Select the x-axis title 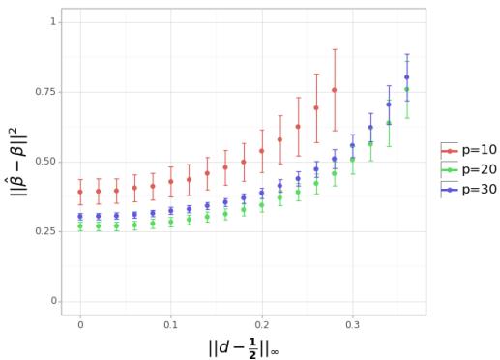tap(243, 346)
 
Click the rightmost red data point tap(335, 90)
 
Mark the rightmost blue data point tap(407, 77)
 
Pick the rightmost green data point tap(407, 89)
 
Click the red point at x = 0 tap(80, 192)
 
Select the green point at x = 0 tap(80, 226)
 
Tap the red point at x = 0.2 tap(262, 151)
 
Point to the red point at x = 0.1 tap(171, 181)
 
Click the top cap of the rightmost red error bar tap(335, 49)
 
